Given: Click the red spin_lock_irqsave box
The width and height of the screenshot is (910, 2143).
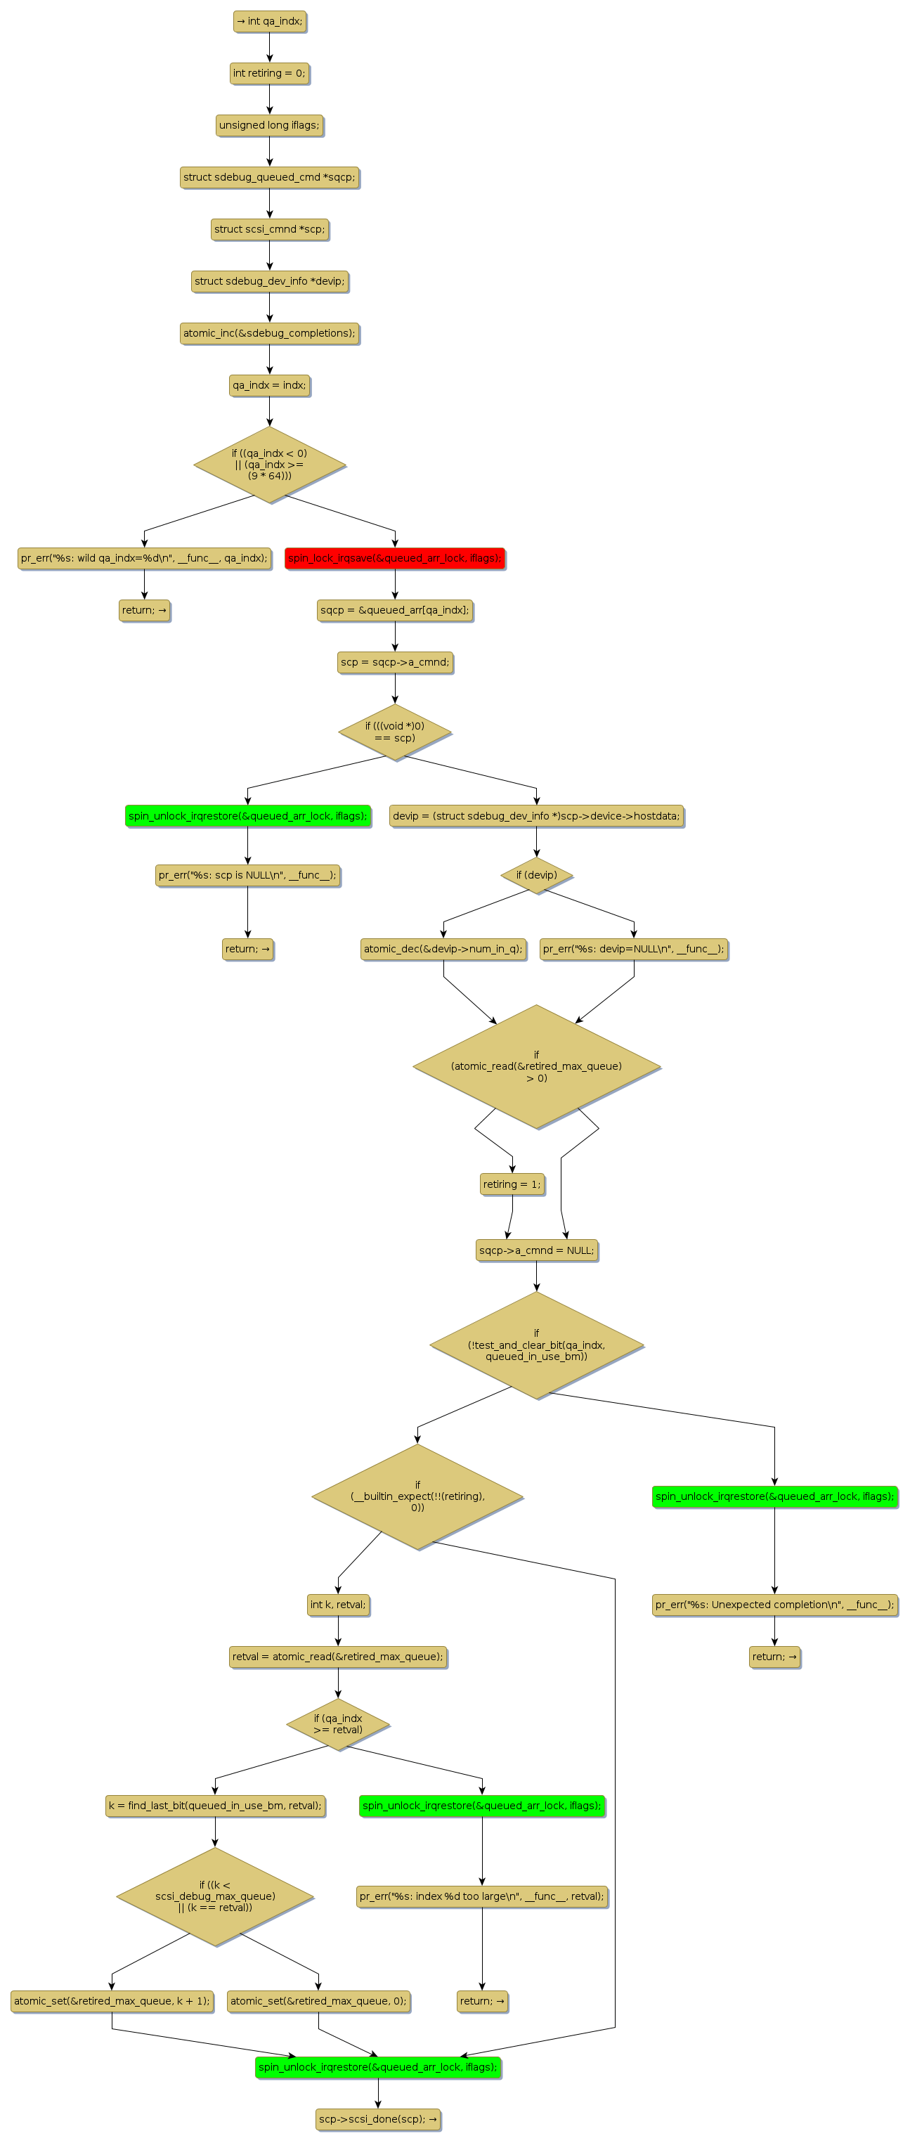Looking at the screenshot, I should (x=394, y=558).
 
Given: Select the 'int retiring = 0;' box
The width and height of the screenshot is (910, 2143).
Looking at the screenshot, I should (x=268, y=73).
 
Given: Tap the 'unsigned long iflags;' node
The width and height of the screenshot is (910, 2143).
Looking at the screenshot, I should (x=268, y=126).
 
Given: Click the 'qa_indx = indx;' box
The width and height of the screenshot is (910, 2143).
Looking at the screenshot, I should (x=268, y=385).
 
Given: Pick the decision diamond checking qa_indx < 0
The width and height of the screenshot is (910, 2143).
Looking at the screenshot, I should (x=268, y=464).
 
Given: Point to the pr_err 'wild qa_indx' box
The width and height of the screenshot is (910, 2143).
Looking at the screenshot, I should (x=144, y=558).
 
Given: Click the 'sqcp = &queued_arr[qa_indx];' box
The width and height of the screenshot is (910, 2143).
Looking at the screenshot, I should (x=394, y=610).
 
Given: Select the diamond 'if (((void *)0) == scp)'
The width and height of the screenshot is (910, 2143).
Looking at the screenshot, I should (x=394, y=732).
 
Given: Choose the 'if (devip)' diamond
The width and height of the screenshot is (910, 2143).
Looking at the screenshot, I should (x=537, y=875).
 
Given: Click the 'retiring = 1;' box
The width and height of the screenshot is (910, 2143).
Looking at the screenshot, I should (x=512, y=1184).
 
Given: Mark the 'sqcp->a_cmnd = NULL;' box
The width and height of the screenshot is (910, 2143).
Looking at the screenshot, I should (x=537, y=1250).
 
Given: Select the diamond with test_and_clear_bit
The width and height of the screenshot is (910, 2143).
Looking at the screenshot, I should (x=537, y=1345).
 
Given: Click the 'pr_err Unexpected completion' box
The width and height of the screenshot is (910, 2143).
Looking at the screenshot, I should (x=774, y=1605).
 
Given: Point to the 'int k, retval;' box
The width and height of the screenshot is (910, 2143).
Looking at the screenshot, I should (x=338, y=1605).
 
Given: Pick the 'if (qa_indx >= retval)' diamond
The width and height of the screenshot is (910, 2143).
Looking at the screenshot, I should (x=338, y=1723).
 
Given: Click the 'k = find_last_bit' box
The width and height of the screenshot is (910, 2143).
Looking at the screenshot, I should (x=214, y=1805).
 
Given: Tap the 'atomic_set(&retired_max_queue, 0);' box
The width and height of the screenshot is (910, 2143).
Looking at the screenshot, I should (x=318, y=2001).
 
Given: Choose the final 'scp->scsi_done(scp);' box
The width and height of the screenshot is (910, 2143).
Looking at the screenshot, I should (x=377, y=2119).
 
